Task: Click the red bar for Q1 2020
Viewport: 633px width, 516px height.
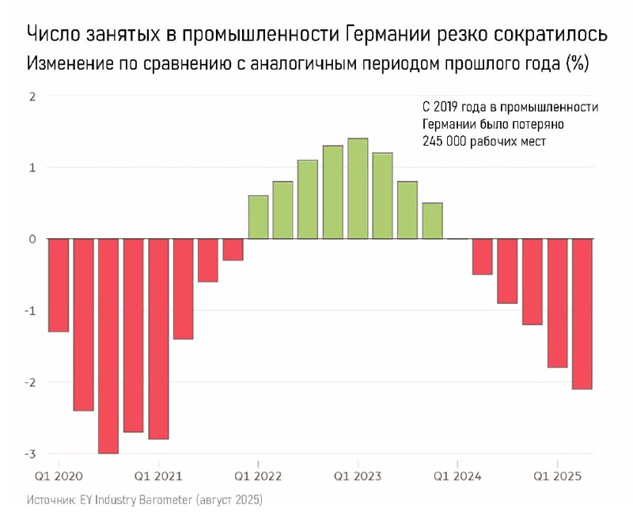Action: tap(59, 285)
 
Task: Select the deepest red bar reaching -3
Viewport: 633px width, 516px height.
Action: tap(108, 346)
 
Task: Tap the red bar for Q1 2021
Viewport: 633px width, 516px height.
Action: tap(158, 339)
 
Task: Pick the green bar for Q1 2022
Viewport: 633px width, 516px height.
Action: tap(258, 217)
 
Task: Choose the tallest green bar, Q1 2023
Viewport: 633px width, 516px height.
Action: tap(358, 188)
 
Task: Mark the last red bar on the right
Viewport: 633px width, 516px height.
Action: tap(582, 313)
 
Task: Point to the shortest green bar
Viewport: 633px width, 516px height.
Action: tap(432, 221)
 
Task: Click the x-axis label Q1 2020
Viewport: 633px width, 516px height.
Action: tap(59, 476)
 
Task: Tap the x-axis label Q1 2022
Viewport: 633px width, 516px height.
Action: tap(259, 476)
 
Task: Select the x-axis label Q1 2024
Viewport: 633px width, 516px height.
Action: tap(457, 476)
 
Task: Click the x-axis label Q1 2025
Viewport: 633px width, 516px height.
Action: tap(558, 476)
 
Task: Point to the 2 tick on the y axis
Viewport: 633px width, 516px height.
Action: tap(32, 97)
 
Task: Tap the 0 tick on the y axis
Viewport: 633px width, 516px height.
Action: tap(32, 239)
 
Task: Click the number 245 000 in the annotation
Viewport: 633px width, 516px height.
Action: tap(449, 141)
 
